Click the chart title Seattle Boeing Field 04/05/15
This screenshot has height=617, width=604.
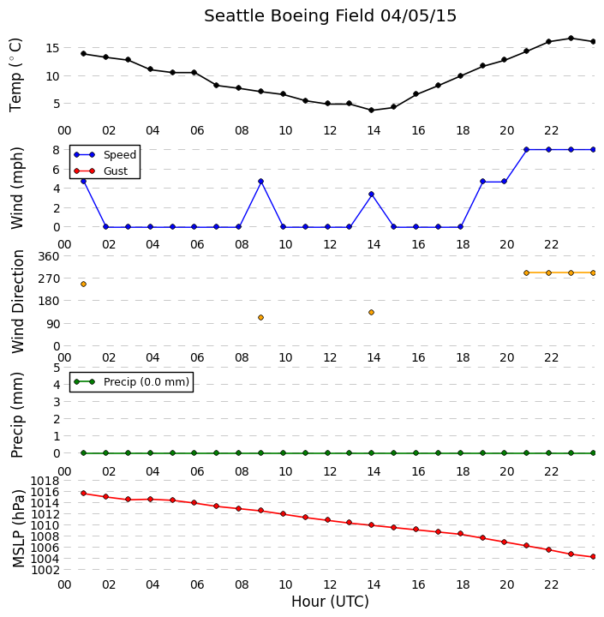330,16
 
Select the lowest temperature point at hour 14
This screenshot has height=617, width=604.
371,111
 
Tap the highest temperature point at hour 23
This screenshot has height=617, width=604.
571,39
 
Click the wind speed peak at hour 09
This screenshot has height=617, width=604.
260,182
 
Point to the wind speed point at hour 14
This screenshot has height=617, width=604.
371,194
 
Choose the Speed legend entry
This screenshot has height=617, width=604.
105,154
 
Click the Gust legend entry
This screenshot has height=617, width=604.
101,171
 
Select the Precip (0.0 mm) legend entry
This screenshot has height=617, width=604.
131,381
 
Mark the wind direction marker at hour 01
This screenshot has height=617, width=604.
83,285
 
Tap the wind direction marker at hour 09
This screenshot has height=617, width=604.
260,318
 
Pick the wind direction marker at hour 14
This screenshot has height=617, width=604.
371,313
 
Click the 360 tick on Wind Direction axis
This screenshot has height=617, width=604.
48,256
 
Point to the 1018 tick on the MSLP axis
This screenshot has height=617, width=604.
45,481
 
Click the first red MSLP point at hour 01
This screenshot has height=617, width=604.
83,493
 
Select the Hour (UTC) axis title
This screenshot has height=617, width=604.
330,602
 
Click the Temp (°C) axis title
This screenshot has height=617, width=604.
15,75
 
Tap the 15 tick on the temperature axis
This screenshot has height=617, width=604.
52,48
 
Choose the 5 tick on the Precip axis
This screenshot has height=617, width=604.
57,368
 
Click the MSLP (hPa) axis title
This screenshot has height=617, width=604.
18,528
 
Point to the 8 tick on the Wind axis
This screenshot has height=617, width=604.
57,150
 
